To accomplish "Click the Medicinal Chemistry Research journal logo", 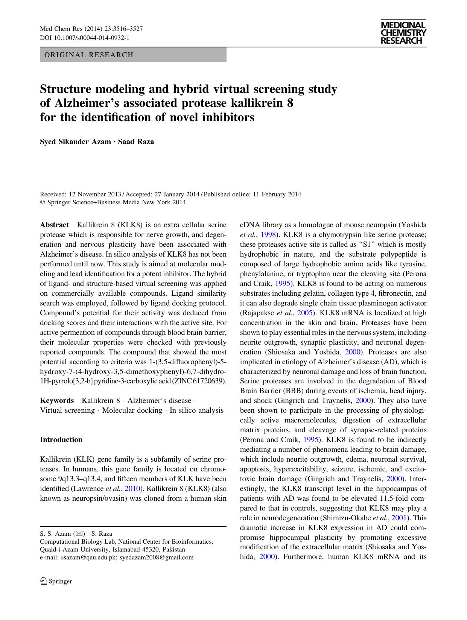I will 403,33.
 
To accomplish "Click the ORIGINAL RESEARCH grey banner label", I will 89,55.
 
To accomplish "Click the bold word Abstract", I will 54,225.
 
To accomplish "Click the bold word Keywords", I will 57,401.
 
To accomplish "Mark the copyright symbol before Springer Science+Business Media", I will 42,202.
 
